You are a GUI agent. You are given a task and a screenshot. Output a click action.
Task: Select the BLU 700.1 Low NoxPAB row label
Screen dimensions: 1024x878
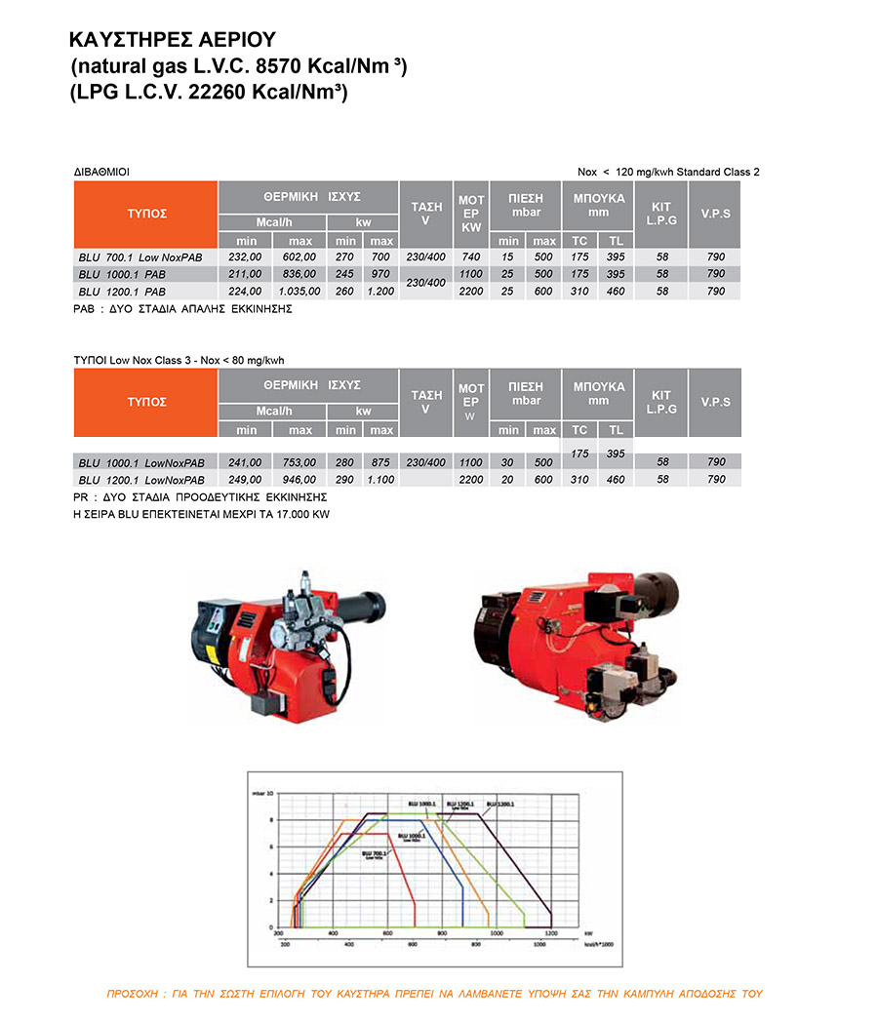tap(140, 256)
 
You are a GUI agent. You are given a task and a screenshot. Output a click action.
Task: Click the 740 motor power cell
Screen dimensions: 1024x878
tap(471, 256)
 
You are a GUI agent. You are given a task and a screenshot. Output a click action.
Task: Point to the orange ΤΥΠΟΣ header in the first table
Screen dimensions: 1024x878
tap(146, 214)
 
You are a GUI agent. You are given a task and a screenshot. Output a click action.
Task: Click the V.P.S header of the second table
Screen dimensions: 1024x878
tap(715, 401)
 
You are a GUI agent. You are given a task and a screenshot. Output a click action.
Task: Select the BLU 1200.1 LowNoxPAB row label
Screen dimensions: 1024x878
tap(141, 480)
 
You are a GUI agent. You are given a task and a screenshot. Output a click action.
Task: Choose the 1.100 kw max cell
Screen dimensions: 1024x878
tap(381, 480)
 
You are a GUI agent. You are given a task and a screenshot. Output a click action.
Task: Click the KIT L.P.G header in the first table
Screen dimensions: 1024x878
tap(660, 214)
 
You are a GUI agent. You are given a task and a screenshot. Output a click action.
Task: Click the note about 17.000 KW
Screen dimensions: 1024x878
tap(202, 514)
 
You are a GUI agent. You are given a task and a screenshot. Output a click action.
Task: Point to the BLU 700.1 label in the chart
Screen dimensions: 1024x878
tap(374, 853)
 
